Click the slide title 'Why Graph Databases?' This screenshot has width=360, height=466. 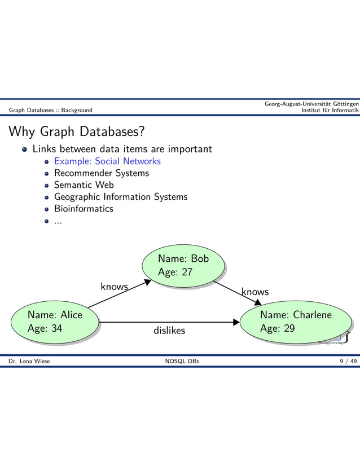pos(76,131)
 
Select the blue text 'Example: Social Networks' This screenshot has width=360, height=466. pos(107,161)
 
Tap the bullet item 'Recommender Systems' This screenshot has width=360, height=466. pos(102,173)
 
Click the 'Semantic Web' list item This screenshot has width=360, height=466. pos(84,185)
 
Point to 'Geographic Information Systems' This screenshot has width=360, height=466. pos(121,197)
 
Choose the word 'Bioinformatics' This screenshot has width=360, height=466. pos(84,209)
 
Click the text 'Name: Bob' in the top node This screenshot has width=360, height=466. pos(183,259)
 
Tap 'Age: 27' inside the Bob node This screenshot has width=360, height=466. pos(175,272)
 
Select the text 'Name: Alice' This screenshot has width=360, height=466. pos(55,315)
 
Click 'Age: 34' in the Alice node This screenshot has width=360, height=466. pos(45,328)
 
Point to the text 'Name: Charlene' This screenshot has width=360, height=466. pos(296,315)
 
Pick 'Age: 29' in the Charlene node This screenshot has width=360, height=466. pos(278,328)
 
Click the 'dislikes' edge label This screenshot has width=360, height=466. pos(169,331)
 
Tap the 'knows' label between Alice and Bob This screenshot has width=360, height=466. pos(114,287)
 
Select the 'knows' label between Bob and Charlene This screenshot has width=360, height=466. pos(255,292)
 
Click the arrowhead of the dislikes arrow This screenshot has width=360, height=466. pos(236,323)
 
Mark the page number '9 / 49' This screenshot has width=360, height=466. pos(348,361)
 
